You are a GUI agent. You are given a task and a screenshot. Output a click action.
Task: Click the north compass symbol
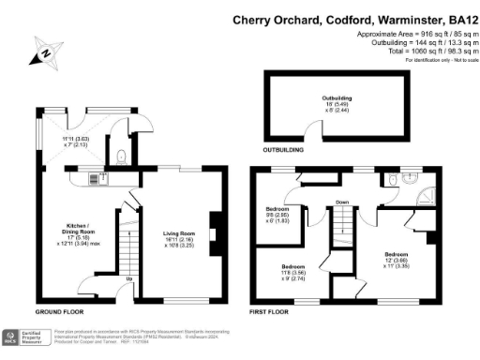click(43, 53)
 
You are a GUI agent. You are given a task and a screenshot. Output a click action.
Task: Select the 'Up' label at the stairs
click(128, 278)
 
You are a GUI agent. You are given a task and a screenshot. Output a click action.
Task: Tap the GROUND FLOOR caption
click(62, 309)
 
